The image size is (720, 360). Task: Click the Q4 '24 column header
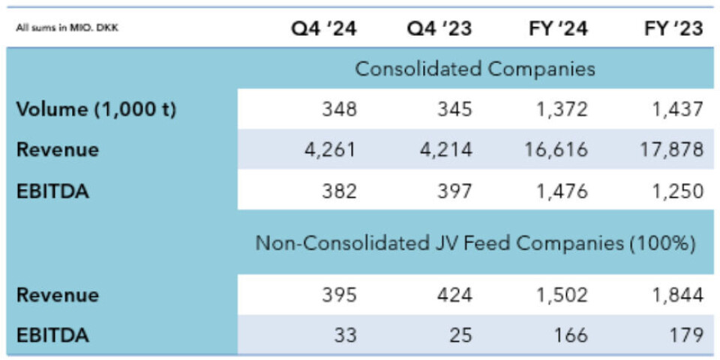click(324, 28)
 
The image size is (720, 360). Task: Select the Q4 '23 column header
click(439, 28)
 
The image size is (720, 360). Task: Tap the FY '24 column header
click(556, 28)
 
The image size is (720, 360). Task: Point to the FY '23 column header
click(672, 28)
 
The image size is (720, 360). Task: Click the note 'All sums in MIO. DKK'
click(67, 29)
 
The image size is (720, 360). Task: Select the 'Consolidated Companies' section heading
click(475, 69)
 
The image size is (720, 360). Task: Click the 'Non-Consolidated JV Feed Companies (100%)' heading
click(475, 243)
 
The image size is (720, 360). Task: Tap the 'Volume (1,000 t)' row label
click(96, 109)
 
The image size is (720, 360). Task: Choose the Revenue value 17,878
click(672, 150)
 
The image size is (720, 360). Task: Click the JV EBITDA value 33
click(346, 335)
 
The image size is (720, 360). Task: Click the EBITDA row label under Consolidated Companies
click(52, 190)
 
